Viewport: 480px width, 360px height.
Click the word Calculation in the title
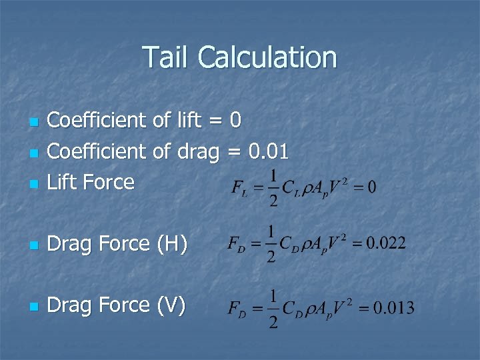(267, 57)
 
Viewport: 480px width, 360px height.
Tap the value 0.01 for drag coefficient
(268, 151)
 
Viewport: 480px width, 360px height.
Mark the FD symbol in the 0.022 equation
(237, 245)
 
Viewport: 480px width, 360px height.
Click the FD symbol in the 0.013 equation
(237, 309)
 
